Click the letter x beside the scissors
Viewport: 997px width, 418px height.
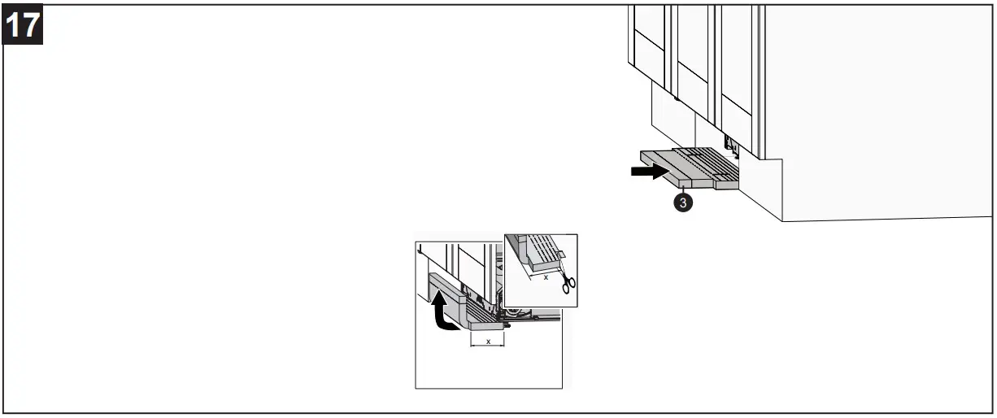(x=546, y=277)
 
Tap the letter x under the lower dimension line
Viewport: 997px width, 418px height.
(x=488, y=342)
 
